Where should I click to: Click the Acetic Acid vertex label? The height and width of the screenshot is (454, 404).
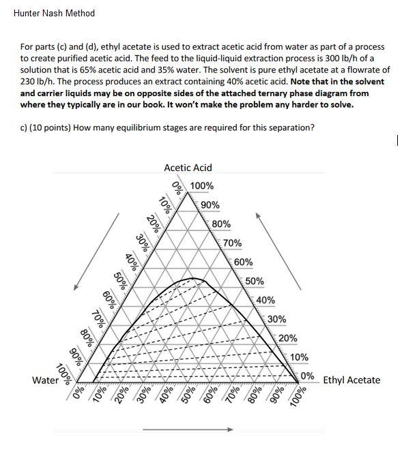pyautogui.click(x=188, y=168)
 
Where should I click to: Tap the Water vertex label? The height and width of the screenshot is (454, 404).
pyautogui.click(x=45, y=380)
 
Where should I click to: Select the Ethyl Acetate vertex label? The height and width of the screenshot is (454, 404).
pyautogui.click(x=351, y=380)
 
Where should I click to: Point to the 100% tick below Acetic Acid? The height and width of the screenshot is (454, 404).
pyautogui.click(x=201, y=186)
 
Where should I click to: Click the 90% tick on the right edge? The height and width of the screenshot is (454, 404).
pyautogui.click(x=211, y=205)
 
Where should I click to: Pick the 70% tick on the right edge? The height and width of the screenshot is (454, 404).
pyautogui.click(x=232, y=243)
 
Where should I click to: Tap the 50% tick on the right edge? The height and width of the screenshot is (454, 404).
pyautogui.click(x=255, y=281)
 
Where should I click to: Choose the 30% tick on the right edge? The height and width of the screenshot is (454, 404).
pyautogui.click(x=276, y=319)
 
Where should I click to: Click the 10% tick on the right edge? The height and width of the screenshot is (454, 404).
pyautogui.click(x=299, y=357)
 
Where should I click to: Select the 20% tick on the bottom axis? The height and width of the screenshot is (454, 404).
pyautogui.click(x=121, y=397)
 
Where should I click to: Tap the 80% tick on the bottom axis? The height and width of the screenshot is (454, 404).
pyautogui.click(x=253, y=397)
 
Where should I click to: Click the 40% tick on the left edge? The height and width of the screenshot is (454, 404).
pyautogui.click(x=130, y=262)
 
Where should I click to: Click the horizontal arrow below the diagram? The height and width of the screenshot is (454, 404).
pyautogui.click(x=188, y=429)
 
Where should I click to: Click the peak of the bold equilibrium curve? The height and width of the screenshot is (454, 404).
pyautogui.click(x=197, y=278)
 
